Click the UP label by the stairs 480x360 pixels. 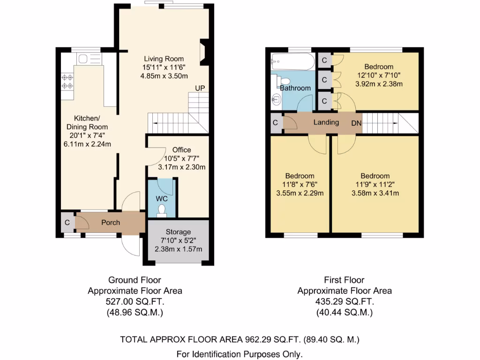200,88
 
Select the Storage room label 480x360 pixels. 178,232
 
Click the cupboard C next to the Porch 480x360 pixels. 67,223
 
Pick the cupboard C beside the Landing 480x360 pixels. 275,123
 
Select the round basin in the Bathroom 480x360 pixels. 276,99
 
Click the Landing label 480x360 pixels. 326,122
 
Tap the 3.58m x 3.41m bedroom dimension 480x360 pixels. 375,193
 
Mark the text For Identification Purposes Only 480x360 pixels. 240,354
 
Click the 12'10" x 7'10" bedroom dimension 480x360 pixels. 380,75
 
